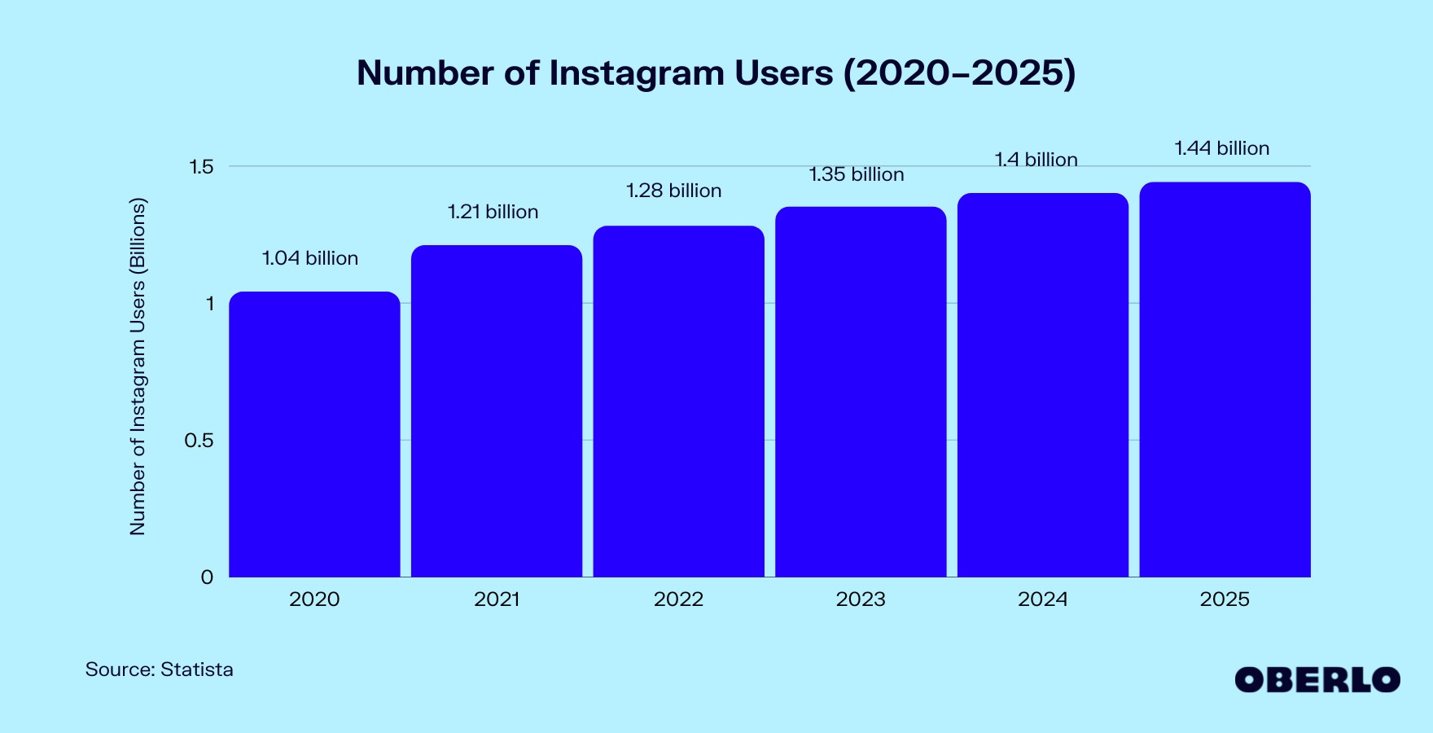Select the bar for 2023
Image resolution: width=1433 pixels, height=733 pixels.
pos(861,392)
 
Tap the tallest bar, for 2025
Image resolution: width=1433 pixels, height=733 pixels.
pos(1225,380)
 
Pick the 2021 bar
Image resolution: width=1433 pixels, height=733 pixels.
pos(497,411)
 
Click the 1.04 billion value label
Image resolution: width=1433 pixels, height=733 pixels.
pos(310,258)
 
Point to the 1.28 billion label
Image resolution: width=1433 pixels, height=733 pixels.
pos(673,191)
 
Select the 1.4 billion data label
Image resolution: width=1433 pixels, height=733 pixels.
pos(1036,160)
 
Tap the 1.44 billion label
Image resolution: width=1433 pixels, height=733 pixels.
pos(1221,148)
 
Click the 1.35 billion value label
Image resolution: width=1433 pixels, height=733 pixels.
pos(856,174)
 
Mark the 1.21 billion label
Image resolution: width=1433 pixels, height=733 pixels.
pos(493,212)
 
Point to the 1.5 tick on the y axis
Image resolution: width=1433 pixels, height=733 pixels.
pos(201,167)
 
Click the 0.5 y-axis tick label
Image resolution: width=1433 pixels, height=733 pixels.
pos(199,441)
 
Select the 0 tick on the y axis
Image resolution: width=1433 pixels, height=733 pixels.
pos(207,577)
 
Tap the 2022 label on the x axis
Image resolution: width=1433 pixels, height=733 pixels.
pos(678,599)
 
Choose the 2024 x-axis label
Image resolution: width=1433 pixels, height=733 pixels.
pos(1042,599)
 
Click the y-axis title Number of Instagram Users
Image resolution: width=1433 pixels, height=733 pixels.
pos(138,366)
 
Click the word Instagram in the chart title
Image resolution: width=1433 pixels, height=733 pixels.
pos(636,73)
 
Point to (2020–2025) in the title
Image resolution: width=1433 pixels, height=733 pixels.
pos(959,73)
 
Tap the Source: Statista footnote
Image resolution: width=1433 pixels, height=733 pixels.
pos(160,669)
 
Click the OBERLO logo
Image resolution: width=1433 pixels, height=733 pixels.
pos(1317,680)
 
